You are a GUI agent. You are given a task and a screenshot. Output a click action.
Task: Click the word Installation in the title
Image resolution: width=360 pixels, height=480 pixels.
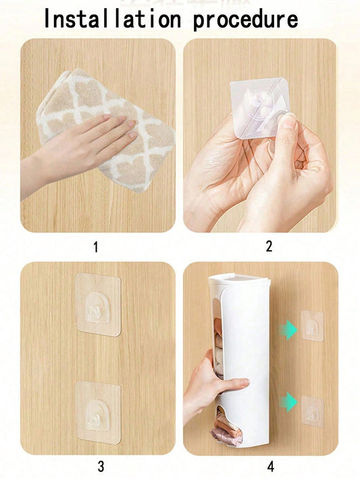pyautogui.click(x=113, y=19)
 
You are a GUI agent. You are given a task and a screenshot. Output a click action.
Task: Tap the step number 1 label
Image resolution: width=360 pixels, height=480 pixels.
pyautogui.click(x=96, y=247)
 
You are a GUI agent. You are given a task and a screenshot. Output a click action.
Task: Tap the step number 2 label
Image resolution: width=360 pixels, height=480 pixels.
pyautogui.click(x=269, y=246)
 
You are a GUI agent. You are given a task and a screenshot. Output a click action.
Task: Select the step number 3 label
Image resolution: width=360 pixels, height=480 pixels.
pyautogui.click(x=101, y=466)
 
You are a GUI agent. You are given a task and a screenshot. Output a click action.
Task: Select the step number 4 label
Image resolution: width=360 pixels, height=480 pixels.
pyautogui.click(x=270, y=466)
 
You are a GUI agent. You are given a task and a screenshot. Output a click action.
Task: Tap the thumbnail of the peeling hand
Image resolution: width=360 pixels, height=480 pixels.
pyautogui.click(x=288, y=122)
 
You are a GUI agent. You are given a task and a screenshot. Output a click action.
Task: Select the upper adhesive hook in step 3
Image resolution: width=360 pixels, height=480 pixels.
pyautogui.click(x=98, y=305)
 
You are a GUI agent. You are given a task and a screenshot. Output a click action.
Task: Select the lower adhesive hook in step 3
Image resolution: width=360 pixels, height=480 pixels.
pyautogui.click(x=98, y=412)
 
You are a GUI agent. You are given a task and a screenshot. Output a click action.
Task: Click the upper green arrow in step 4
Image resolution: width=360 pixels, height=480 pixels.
pyautogui.click(x=288, y=329)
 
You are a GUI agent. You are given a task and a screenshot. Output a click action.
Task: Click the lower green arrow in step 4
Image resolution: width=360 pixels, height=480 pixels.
pyautogui.click(x=288, y=402)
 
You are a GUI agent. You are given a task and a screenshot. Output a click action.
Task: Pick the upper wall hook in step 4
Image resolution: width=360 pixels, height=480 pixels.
pyautogui.click(x=312, y=326)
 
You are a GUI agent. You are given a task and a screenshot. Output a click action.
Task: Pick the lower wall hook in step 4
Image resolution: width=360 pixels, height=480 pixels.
pyautogui.click(x=313, y=412)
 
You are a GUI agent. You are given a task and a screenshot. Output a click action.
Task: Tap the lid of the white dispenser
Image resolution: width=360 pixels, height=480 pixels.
pyautogui.click(x=239, y=278)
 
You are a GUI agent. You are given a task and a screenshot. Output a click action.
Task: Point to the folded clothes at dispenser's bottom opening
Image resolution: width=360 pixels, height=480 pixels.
pyautogui.click(x=226, y=425)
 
